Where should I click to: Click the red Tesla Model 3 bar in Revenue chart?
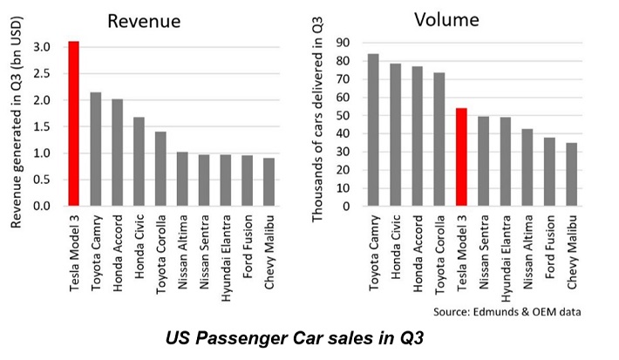coord(74,124)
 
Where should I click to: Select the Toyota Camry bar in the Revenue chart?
coord(95,149)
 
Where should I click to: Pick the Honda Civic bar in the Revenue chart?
coord(139,161)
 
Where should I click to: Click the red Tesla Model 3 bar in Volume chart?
coord(462,158)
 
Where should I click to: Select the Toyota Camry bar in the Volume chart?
coord(373,130)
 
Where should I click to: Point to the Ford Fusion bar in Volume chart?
coord(550,172)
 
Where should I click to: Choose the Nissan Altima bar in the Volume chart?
coord(527,167)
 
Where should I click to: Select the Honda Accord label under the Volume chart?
coord(418,255)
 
